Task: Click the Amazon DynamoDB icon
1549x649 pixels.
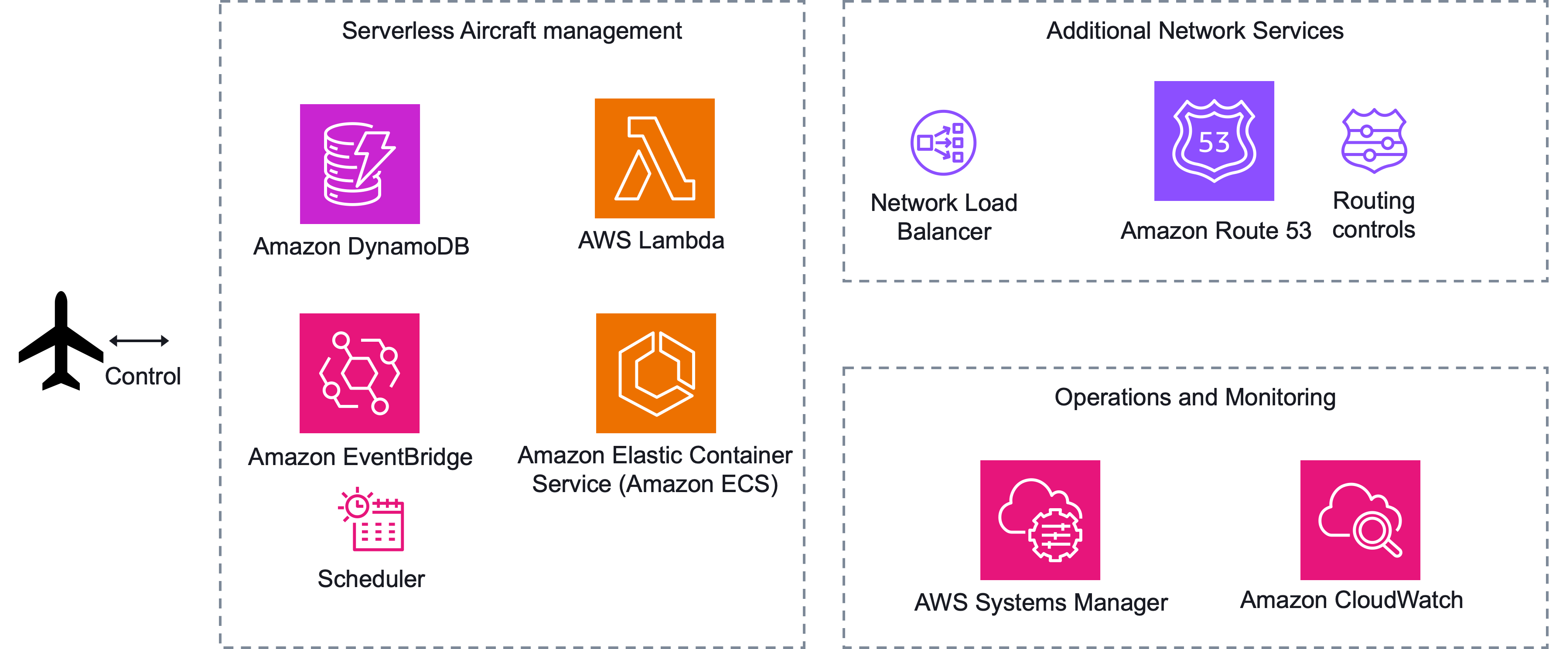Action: click(360, 163)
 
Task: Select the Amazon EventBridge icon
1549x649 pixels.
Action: click(360, 373)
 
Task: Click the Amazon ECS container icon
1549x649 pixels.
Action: click(655, 373)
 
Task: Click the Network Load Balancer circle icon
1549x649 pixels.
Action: click(943, 143)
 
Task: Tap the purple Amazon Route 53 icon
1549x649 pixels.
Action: click(1214, 141)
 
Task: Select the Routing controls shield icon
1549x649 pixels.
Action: click(1374, 141)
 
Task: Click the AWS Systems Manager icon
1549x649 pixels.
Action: click(1040, 520)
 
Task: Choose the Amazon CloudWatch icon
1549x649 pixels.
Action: click(1360, 520)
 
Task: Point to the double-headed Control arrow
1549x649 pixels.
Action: click(139, 341)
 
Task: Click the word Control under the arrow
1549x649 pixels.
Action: click(143, 376)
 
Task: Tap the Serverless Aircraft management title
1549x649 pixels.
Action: click(512, 31)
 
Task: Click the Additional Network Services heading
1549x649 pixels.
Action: click(1195, 31)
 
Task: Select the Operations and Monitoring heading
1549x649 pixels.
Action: click(1195, 397)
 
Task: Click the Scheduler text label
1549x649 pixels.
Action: click(371, 579)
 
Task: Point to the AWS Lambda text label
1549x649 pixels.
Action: click(651, 240)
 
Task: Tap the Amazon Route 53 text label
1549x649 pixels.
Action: click(1215, 231)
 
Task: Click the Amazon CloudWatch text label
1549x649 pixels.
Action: click(1351, 600)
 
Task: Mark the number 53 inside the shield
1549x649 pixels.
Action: click(1214, 143)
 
